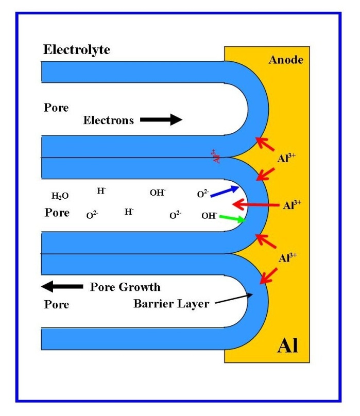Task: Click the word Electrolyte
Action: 77,50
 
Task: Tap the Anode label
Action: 286,60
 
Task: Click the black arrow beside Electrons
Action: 161,120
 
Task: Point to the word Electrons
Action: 109,120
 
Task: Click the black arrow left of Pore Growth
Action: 62,286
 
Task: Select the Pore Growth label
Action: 125,287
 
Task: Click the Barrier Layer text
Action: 171,304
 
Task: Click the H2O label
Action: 60,196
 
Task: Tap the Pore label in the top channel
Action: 56,108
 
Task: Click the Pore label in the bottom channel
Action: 56,305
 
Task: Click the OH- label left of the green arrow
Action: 209,215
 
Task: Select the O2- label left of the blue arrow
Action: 203,194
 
